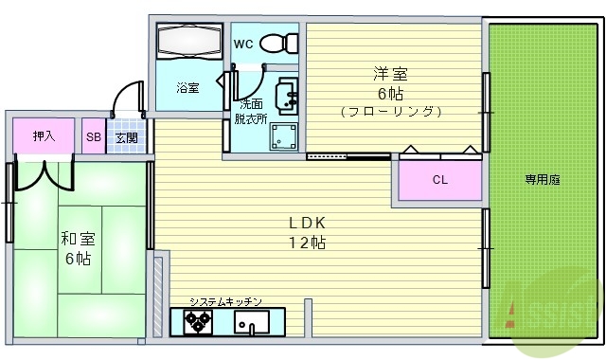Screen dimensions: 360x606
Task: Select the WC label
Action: click(x=242, y=44)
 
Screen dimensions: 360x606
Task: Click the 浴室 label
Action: click(x=187, y=88)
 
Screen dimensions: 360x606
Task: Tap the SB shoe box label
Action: click(x=93, y=136)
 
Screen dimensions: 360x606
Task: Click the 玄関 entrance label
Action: click(x=127, y=137)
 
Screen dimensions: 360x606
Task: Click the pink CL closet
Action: click(x=439, y=180)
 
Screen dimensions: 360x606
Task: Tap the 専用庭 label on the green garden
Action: click(x=543, y=179)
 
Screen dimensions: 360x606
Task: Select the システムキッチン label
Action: click(x=224, y=301)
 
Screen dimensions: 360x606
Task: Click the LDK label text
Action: click(x=308, y=223)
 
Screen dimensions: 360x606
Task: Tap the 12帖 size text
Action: click(x=308, y=243)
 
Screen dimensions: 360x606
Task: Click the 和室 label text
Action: click(x=77, y=238)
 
